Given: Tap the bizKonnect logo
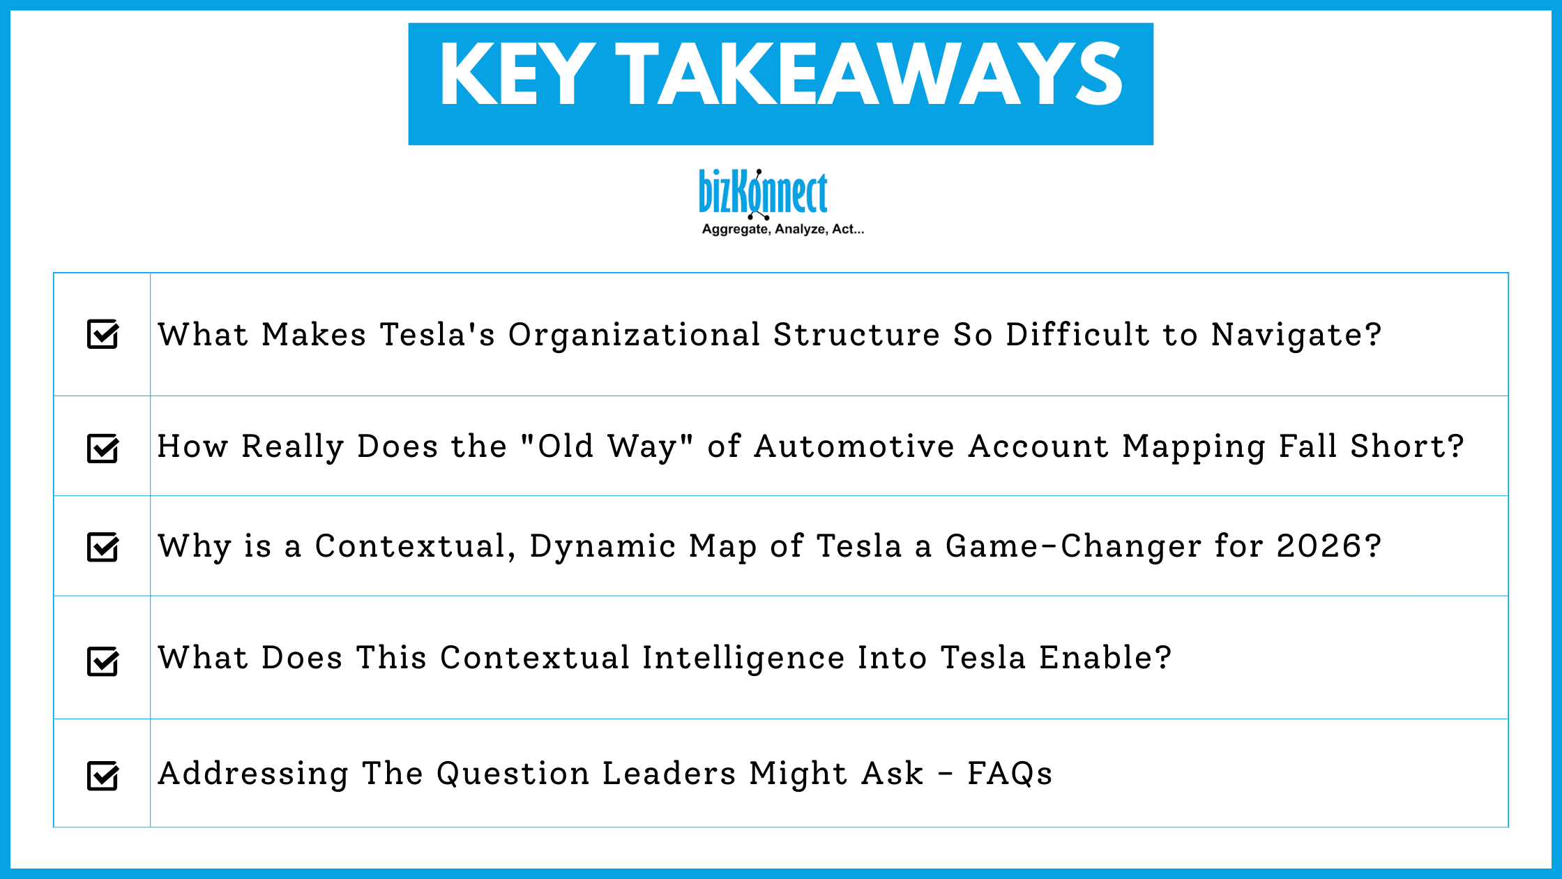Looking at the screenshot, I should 763,193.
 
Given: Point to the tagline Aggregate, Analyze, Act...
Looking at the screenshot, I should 782,230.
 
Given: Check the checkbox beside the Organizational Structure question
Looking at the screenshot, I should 103,334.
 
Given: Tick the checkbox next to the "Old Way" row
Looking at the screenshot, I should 103,448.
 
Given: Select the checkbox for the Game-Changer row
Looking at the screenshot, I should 103,547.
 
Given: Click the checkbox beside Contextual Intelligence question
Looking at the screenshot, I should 103,661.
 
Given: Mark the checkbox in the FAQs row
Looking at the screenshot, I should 103,775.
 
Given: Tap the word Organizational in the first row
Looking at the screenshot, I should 633,336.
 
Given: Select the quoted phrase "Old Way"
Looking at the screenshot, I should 607,446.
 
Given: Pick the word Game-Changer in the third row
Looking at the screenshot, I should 1072,546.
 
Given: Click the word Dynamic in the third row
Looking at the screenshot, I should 602,546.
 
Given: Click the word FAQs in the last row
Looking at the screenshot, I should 1009,774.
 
